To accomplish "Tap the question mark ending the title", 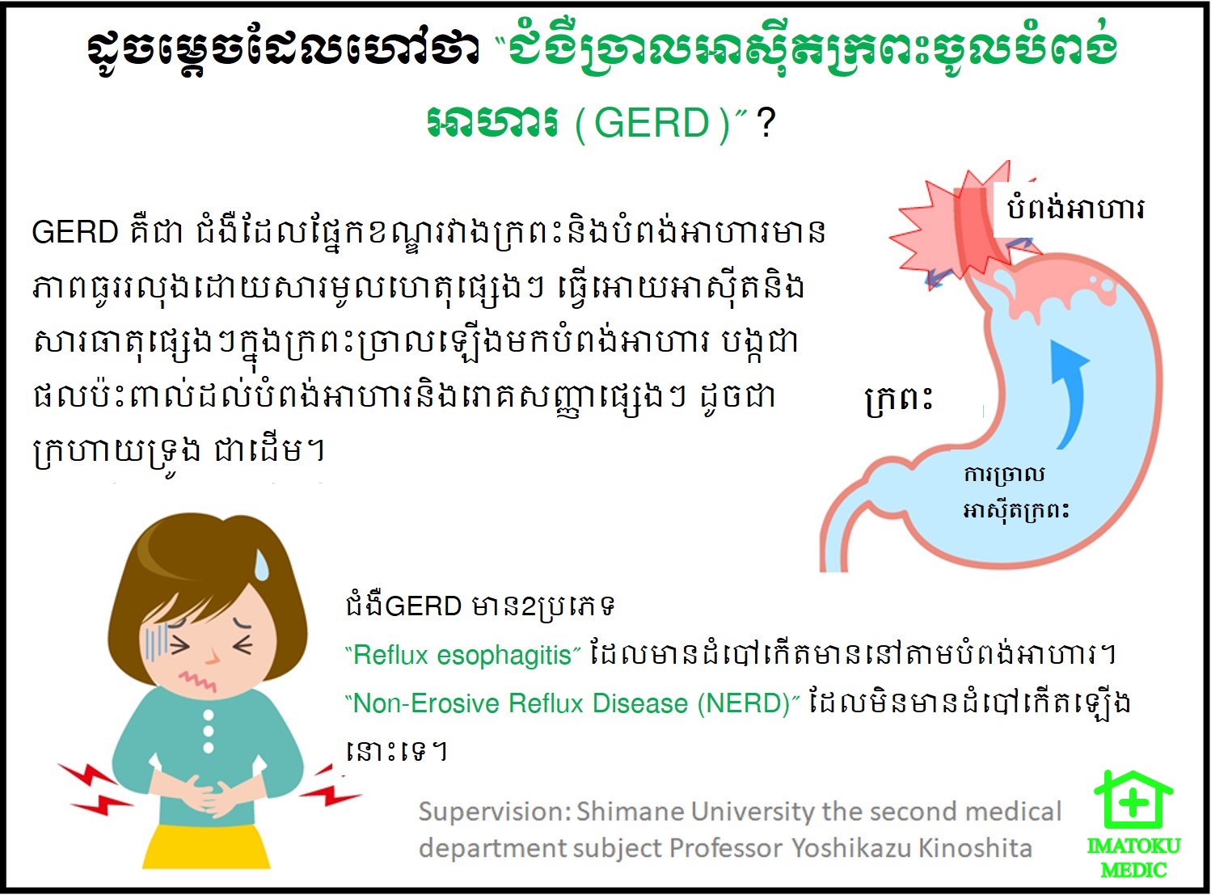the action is pyautogui.click(x=766, y=124).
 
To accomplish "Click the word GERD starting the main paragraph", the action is pyautogui.click(x=75, y=232).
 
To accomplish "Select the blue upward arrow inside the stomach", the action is pyautogui.click(x=1065, y=393).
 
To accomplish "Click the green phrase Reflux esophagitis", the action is pyautogui.click(x=462, y=655).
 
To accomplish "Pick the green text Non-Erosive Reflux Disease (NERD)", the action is pyautogui.click(x=572, y=703).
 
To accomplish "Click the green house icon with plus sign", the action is pyautogui.click(x=1133, y=800).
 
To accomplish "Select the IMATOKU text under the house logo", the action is pyautogui.click(x=1134, y=846).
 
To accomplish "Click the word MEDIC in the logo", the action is pyautogui.click(x=1133, y=869).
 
